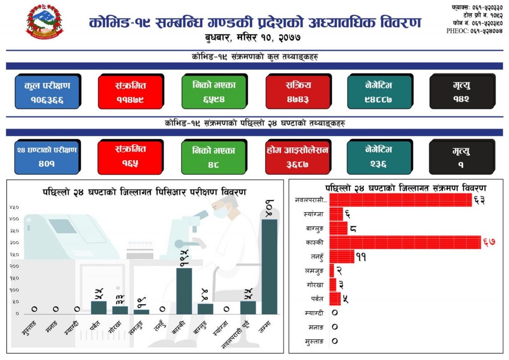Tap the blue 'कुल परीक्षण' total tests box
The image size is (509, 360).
click(47, 91)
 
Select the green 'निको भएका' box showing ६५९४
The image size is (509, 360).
click(214, 91)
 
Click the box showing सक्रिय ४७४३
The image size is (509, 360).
click(297, 91)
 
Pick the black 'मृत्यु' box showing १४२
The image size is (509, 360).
click(461, 91)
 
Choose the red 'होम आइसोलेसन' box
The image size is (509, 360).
click(297, 157)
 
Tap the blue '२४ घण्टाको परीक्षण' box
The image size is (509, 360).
click(47, 157)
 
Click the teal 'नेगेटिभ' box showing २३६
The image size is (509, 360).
click(379, 157)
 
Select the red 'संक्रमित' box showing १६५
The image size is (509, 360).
click(131, 157)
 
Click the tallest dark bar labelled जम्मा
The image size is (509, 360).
click(269, 266)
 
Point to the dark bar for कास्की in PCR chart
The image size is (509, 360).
click(184, 290)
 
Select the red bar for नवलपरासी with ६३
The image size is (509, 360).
click(400, 200)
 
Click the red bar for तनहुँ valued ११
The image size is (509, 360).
click(341, 257)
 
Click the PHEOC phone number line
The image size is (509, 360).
click(474, 31)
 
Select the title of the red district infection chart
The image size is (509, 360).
click(405, 188)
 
